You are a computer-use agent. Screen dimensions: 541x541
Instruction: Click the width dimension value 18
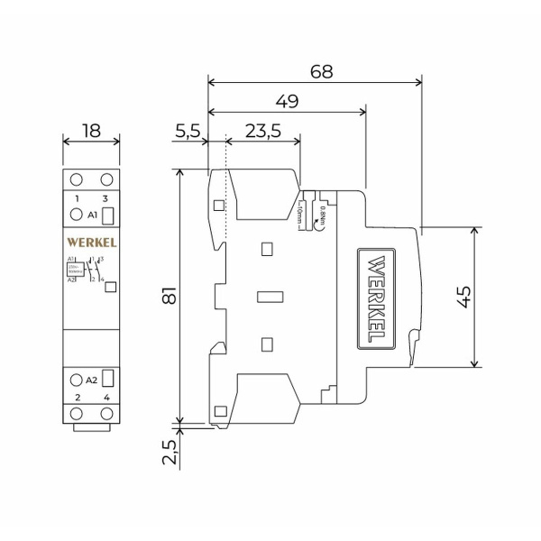tap(91, 131)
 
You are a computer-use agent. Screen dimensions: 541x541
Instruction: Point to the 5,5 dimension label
tap(187, 131)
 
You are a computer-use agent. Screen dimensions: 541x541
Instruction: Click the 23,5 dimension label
tap(261, 131)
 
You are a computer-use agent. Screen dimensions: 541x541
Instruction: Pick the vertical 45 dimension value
tap(463, 297)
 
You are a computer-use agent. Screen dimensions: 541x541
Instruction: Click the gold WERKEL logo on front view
tap(91, 243)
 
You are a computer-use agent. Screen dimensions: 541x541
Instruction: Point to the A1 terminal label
tap(92, 215)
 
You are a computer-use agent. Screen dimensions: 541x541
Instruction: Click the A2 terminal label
tap(92, 379)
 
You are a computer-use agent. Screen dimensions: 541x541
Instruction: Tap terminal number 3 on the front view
tap(106, 197)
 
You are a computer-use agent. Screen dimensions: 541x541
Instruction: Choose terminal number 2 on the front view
tap(78, 397)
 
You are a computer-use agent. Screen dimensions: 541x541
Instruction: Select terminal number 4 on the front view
tap(106, 397)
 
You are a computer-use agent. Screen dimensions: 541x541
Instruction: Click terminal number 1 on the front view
tap(78, 197)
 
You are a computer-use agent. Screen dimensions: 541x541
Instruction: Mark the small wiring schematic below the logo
tap(87, 270)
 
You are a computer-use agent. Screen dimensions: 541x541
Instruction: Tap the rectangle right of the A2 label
tap(106, 379)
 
